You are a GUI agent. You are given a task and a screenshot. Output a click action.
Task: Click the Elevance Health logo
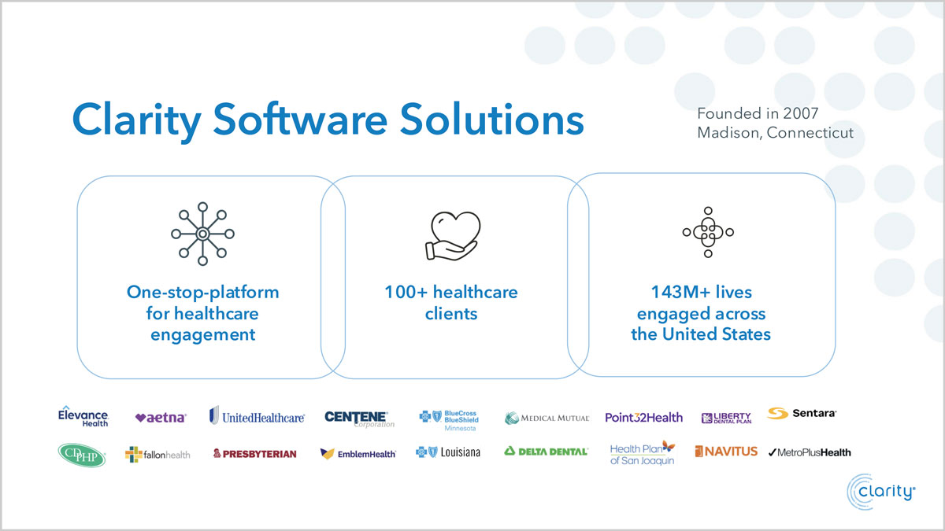point(83,416)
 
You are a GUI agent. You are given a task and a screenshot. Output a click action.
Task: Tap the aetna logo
point(161,417)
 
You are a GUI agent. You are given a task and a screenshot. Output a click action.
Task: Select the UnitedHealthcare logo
point(257,416)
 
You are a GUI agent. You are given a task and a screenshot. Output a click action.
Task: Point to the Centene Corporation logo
point(359,419)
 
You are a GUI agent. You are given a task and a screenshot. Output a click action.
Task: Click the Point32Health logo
point(644,417)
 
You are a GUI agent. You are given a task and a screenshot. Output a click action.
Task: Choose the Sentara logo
point(802,413)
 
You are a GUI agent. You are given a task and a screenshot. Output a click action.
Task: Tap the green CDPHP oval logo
point(82,455)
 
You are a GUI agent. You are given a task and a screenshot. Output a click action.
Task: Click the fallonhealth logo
point(157,455)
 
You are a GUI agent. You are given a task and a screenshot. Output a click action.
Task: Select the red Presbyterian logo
point(255,453)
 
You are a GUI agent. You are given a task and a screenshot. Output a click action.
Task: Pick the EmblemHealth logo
point(358,453)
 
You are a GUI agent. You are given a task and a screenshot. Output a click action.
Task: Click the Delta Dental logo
point(546,452)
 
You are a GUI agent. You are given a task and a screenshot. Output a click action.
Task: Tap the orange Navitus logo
point(726,452)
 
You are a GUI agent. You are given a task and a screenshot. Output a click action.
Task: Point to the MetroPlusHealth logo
point(810,452)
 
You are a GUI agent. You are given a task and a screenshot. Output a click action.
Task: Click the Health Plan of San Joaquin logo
point(643,453)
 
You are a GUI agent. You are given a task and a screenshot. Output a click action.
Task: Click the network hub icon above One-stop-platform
point(202,234)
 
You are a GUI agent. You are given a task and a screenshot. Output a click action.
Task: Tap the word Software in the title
point(300,120)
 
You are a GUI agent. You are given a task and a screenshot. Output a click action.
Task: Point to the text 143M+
point(680,292)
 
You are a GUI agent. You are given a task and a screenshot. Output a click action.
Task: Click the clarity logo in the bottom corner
point(881,492)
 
